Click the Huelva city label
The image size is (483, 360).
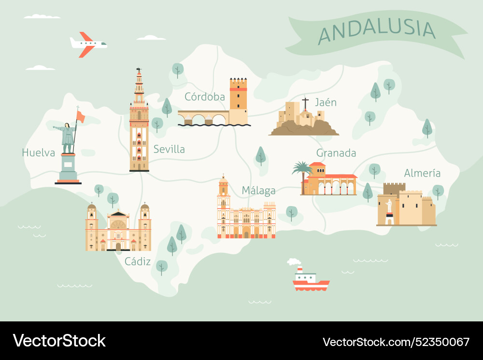(39, 153)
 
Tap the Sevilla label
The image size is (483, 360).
(169, 150)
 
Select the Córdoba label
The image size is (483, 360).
(205, 97)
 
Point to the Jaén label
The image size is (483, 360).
(326, 103)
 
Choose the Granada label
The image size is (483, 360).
(336, 153)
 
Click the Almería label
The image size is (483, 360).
(422, 173)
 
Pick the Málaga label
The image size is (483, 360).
(258, 191)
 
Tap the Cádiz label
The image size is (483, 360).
(138, 262)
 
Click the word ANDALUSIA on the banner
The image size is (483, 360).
(377, 30)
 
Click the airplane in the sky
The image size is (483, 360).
(88, 44)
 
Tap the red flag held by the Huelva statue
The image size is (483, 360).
(81, 116)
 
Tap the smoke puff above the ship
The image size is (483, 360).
(293, 262)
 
